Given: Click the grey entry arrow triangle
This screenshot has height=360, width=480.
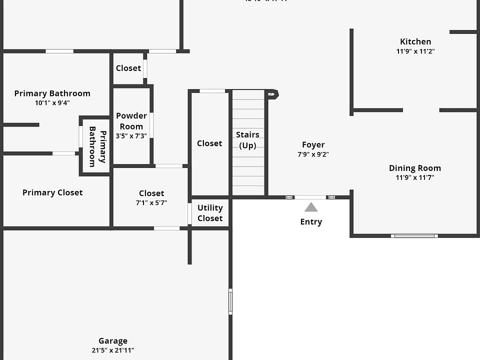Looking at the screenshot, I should pos(311,207).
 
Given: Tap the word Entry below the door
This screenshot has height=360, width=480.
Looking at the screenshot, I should pos(311,222).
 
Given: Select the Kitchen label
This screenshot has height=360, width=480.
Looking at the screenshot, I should pos(415,42).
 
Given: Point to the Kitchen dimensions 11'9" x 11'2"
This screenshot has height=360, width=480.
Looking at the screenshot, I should pos(415,51).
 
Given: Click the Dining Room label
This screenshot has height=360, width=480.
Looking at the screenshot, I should pos(415,168).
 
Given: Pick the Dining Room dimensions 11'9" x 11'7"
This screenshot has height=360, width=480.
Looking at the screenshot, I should pos(415,177).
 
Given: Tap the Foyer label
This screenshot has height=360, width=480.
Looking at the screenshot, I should pos(313,145).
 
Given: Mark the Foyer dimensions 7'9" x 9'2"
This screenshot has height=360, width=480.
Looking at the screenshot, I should pos(313,154).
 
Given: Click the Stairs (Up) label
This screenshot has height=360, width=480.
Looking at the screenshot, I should pos(247,140).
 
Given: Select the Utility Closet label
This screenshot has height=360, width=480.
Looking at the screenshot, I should pos(210,213).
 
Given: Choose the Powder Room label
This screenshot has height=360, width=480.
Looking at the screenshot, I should pos(131,121).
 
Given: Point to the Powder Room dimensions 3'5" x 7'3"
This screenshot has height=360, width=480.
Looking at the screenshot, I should pos(131,136).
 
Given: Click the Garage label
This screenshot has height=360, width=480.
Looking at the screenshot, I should pos(113,341).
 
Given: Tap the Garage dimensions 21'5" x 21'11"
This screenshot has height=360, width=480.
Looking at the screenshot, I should pos(113,350).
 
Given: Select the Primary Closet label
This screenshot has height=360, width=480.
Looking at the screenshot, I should pos(52,192).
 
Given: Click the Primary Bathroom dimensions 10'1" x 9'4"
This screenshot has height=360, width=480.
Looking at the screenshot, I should pos(52,103).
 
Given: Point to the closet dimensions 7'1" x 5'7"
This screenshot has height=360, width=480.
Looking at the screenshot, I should pos(151,203).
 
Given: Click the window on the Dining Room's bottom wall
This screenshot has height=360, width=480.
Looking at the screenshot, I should pos(414,235).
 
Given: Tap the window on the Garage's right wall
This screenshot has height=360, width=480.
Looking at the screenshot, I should pos(230,301).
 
